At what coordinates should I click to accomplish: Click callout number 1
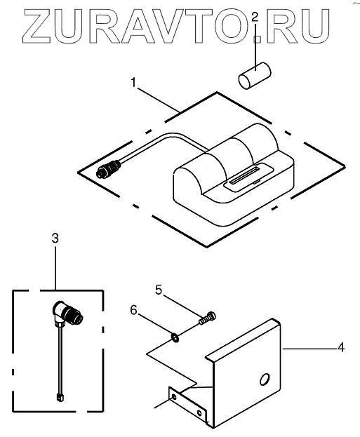click(134, 83)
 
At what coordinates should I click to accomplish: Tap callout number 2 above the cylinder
click(255, 18)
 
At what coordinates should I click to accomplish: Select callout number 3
click(55, 238)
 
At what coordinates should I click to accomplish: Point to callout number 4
click(341, 348)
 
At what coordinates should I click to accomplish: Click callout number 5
click(159, 290)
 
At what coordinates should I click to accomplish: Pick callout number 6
click(134, 310)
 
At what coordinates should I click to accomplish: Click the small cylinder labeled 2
click(255, 75)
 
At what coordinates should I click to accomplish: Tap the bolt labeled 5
click(208, 318)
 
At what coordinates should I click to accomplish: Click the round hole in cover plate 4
click(265, 379)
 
